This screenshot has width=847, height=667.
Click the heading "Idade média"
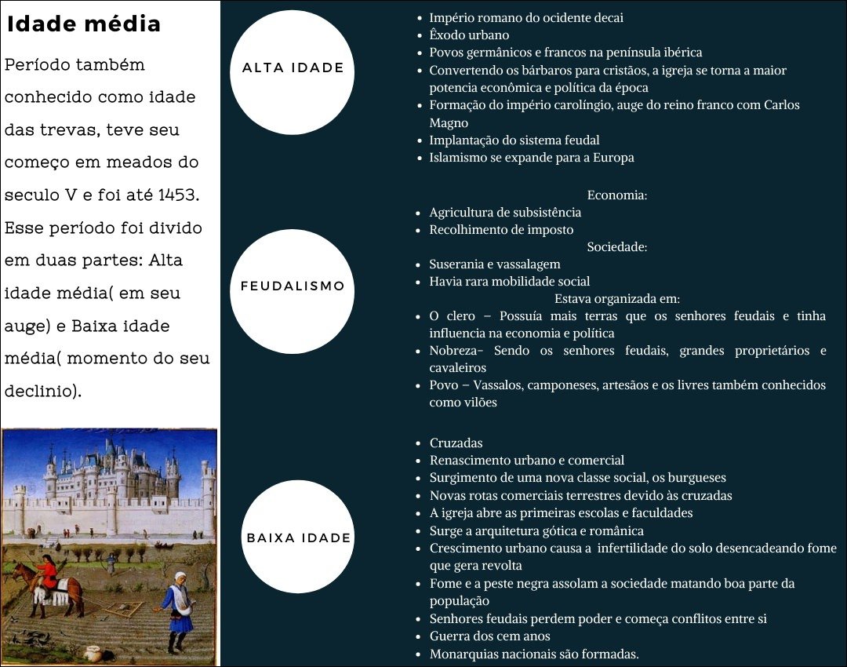83,24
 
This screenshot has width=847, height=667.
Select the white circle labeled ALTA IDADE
293,68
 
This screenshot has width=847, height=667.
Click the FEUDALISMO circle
293,286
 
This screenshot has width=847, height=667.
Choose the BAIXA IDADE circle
299,538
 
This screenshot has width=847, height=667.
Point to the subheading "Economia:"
616,195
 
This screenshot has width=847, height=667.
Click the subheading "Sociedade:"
616,247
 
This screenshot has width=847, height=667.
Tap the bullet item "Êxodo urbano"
469,35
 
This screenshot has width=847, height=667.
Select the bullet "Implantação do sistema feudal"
514,140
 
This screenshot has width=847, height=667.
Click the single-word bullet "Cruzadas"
456,443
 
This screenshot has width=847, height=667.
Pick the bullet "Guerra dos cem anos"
489,636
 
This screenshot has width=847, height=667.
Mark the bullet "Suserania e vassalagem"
494,264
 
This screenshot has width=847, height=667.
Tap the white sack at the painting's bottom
92,651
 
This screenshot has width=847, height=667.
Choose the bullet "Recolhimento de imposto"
501,230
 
